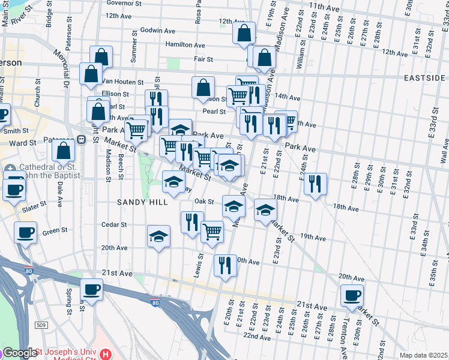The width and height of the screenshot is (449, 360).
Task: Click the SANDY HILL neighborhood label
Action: click(x=143, y=202)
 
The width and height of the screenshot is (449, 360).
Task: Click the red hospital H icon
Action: click(x=106, y=353)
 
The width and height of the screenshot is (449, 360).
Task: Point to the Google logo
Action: click(x=19, y=353)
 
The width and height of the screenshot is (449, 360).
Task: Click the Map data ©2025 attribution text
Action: click(x=423, y=355)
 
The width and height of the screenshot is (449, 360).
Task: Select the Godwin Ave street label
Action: click(x=157, y=30)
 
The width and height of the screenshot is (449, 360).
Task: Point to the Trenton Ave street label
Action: click(x=343, y=336)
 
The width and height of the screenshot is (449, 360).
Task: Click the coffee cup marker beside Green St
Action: click(x=26, y=232)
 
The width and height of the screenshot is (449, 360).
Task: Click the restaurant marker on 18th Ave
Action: click(x=315, y=183)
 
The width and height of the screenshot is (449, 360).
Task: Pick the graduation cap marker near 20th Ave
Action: click(x=159, y=237)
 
